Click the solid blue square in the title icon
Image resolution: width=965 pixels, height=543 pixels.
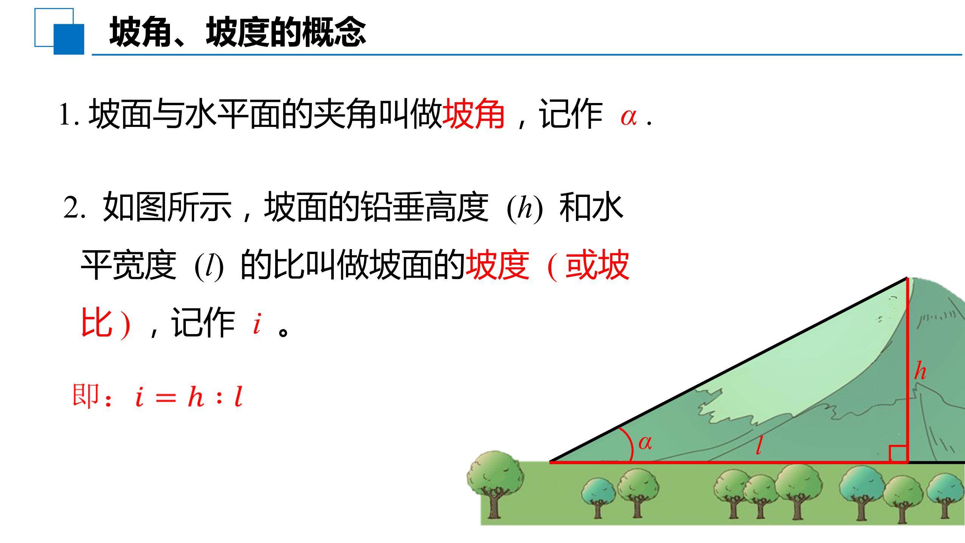click(x=69, y=39)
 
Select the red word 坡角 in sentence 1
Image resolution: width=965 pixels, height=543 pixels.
click(x=473, y=114)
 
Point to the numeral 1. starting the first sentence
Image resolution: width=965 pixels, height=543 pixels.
click(x=69, y=115)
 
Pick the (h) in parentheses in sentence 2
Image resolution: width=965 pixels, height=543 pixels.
click(x=525, y=209)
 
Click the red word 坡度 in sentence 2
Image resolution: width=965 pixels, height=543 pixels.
click(x=497, y=265)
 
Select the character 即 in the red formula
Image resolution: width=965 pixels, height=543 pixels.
click(x=86, y=396)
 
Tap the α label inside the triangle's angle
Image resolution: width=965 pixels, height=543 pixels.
click(x=645, y=443)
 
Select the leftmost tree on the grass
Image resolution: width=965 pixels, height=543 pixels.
click(x=495, y=484)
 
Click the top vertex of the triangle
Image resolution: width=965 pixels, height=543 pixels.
click(x=907, y=278)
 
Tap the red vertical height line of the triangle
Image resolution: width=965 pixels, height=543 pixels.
click(x=907, y=370)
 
